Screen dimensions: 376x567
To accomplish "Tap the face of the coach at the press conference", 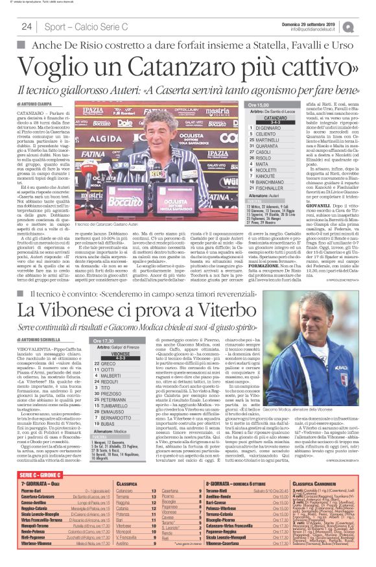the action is tap(155, 149).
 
